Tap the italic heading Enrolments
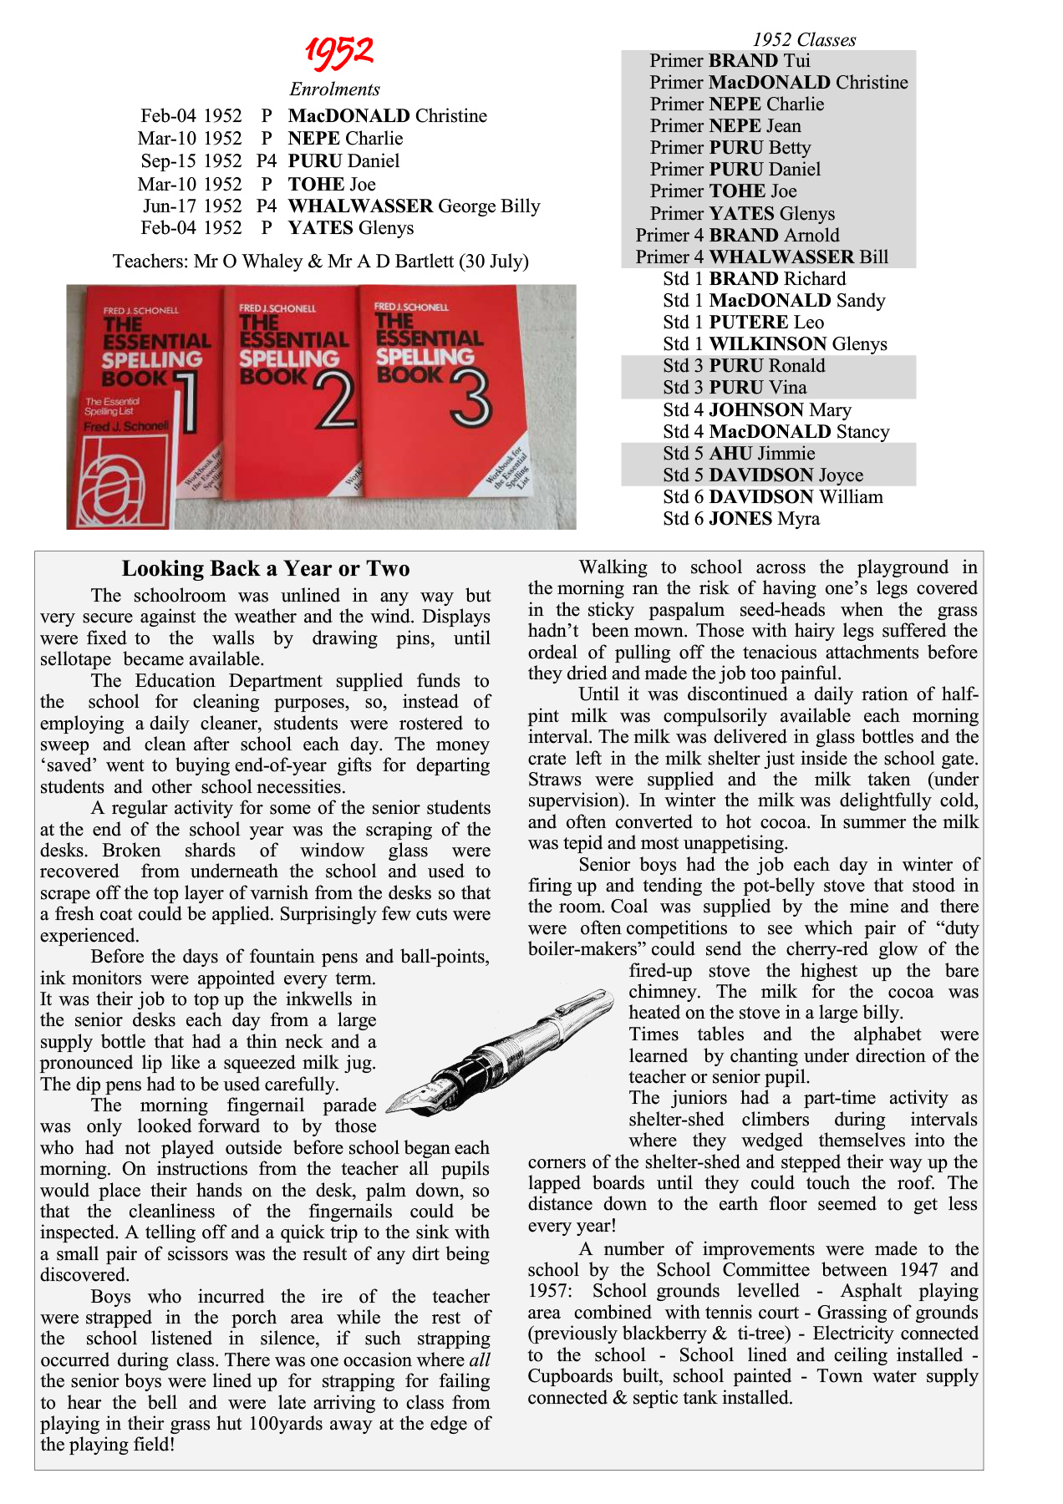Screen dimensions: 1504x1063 (x=334, y=89)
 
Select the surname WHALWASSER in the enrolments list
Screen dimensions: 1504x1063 (x=360, y=206)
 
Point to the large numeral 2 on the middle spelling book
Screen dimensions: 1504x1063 (x=335, y=402)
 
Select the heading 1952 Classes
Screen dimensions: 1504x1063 (x=804, y=39)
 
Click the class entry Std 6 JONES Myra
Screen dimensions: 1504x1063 (x=741, y=519)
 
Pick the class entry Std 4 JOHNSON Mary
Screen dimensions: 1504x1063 (x=757, y=410)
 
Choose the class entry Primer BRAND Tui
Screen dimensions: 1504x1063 (x=730, y=61)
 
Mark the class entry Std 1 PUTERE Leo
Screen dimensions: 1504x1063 (x=743, y=323)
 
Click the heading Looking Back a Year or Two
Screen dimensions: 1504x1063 (x=266, y=569)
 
